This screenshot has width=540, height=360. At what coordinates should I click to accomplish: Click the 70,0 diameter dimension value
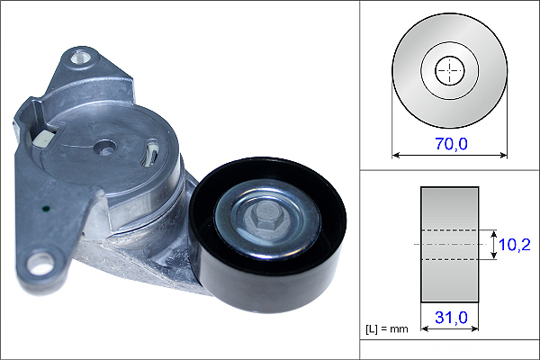tap(452, 144)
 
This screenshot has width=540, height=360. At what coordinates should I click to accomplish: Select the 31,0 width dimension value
tap(451, 318)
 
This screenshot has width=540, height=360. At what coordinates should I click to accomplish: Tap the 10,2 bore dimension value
tap(514, 245)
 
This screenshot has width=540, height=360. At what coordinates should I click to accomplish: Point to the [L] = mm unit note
tap(386, 329)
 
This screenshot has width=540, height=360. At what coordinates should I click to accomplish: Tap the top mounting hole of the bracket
tap(80, 58)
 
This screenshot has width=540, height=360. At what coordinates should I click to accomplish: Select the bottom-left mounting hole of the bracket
tap(41, 264)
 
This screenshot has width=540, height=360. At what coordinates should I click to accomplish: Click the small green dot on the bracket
tap(46, 208)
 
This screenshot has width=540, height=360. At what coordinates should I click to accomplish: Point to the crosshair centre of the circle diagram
tap(450, 70)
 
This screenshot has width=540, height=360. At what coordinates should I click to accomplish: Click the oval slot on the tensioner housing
tap(151, 153)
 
